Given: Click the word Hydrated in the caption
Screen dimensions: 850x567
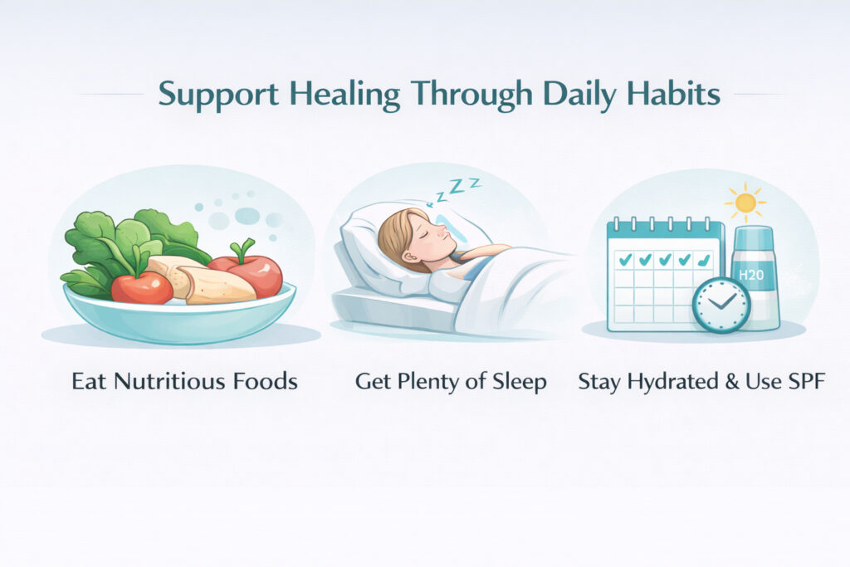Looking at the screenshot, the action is pyautogui.click(x=672, y=382).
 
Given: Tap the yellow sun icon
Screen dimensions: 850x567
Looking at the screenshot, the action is pyautogui.click(x=745, y=203).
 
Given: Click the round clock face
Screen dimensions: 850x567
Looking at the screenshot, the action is pyautogui.click(x=721, y=305).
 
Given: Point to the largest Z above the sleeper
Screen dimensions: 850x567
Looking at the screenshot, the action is pyautogui.click(x=459, y=187).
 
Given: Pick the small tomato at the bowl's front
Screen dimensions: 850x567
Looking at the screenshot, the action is pyautogui.click(x=141, y=287).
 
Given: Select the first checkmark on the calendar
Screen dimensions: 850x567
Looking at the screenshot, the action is pyautogui.click(x=625, y=260).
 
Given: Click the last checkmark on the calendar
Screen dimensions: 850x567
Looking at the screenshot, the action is pyautogui.click(x=704, y=260).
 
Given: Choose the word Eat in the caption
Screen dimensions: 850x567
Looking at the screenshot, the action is pyautogui.click(x=89, y=381).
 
